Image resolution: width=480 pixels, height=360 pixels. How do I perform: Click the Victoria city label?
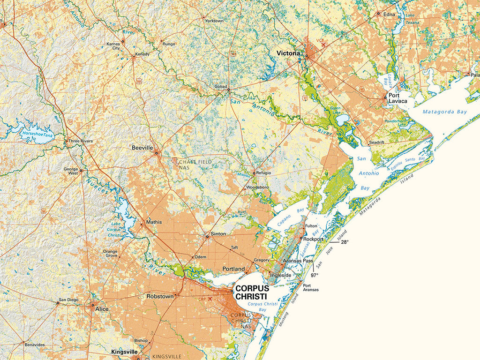click(288, 53)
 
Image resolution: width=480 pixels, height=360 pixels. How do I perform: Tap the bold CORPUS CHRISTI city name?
click(251, 292)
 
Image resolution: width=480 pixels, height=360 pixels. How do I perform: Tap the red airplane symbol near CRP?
click(210, 299)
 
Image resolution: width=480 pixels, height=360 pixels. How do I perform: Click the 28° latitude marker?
click(345, 242)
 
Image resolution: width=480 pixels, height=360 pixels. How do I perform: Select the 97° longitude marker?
click(314, 275)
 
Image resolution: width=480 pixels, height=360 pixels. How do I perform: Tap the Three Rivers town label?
click(81, 141)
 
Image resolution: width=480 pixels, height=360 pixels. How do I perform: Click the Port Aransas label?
click(310, 287)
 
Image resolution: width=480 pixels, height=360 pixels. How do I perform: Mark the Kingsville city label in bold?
click(124, 352)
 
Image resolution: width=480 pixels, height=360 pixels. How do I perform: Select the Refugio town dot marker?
click(254, 173)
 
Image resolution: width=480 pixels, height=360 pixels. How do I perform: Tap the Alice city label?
click(102, 309)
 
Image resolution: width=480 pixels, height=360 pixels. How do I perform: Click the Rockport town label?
click(314, 239)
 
